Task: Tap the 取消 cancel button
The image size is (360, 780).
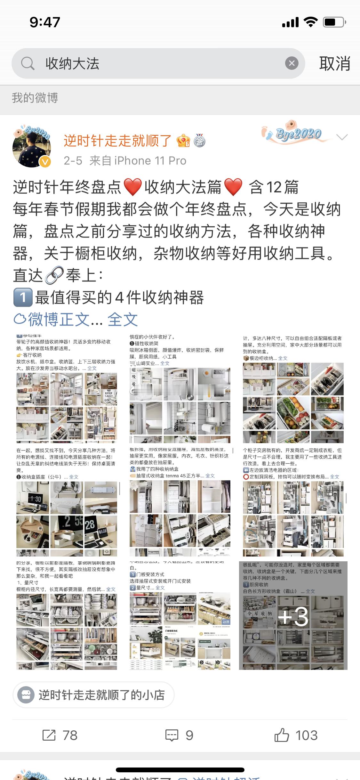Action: [x=334, y=63]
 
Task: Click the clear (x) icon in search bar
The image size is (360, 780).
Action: [x=292, y=63]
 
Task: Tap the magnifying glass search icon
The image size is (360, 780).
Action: [x=28, y=63]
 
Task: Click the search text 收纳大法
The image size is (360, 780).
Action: [x=72, y=63]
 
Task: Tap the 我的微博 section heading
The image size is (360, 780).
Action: [x=35, y=98]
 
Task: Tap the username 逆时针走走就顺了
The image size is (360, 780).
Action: [x=118, y=141]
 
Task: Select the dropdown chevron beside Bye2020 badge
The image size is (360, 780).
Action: [x=342, y=137]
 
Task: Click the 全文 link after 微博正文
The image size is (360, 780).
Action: [x=123, y=319]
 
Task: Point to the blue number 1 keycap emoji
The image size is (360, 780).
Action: [x=23, y=297]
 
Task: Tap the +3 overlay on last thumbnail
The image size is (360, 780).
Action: [x=293, y=617]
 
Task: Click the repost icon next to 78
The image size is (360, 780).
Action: [x=49, y=735]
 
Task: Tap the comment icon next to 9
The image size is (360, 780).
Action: [x=172, y=735]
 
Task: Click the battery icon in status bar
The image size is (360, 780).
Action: [x=334, y=22]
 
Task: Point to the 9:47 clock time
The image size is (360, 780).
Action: [x=45, y=22]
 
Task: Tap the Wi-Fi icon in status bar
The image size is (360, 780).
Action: [x=310, y=22]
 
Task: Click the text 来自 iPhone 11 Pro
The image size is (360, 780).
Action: [x=138, y=160]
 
